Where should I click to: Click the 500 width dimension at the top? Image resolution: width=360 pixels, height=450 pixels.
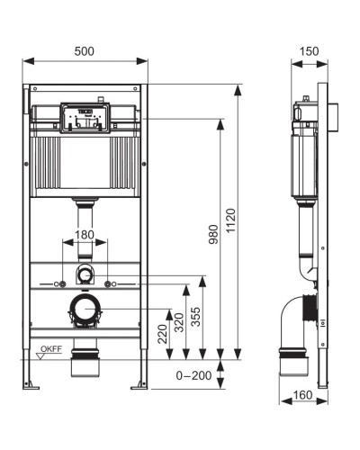(85, 51)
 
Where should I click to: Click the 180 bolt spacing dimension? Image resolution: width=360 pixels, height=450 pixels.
(83, 236)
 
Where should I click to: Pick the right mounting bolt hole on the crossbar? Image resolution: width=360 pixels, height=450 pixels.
(107, 284)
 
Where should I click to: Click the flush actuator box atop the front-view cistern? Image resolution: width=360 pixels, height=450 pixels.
(85, 118)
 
